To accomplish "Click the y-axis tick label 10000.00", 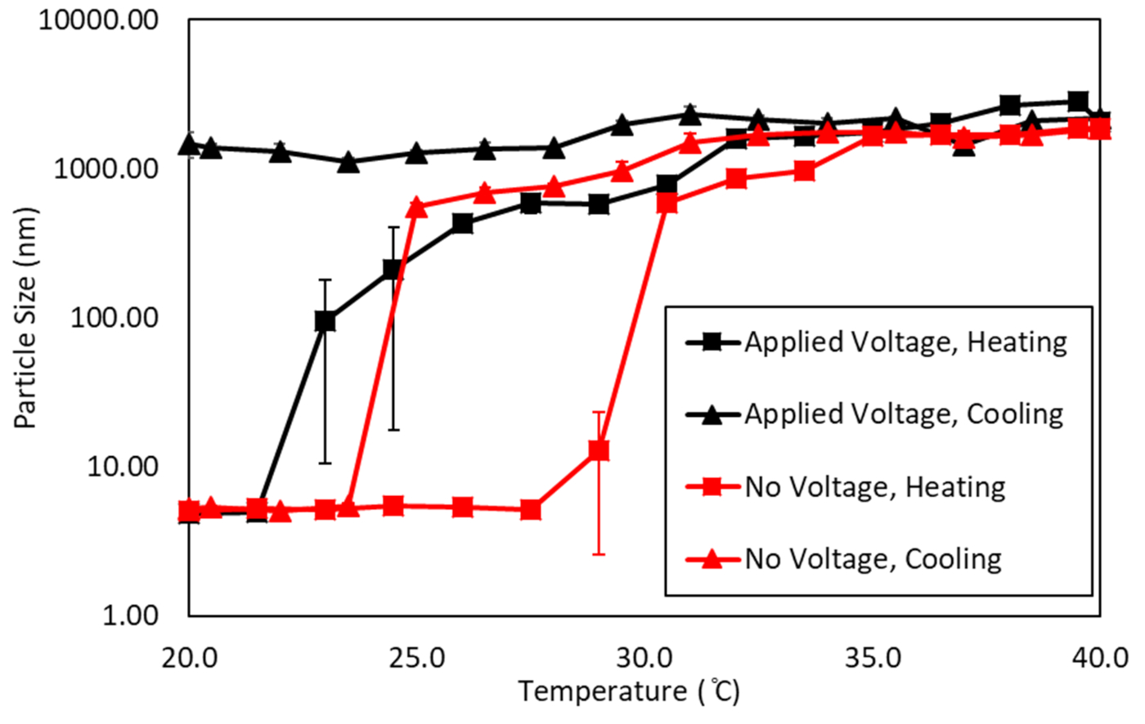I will click(x=98, y=20).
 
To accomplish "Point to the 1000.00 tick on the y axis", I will click(x=105, y=169).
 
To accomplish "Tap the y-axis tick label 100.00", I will click(x=112, y=318).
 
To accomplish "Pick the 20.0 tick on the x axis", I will click(x=189, y=656).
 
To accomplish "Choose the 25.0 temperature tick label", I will click(x=417, y=656).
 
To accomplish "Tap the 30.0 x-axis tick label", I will click(x=644, y=656).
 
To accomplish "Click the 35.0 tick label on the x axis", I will click(x=873, y=656).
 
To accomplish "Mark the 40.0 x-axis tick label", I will click(x=1101, y=656).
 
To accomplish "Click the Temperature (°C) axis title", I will click(x=628, y=693).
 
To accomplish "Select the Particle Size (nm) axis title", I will click(x=26, y=318).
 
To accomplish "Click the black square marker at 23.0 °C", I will click(x=326, y=321).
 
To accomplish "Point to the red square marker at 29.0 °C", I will click(x=599, y=450).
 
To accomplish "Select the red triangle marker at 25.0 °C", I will click(x=417, y=207).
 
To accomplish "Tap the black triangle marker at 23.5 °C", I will click(x=348, y=162).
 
